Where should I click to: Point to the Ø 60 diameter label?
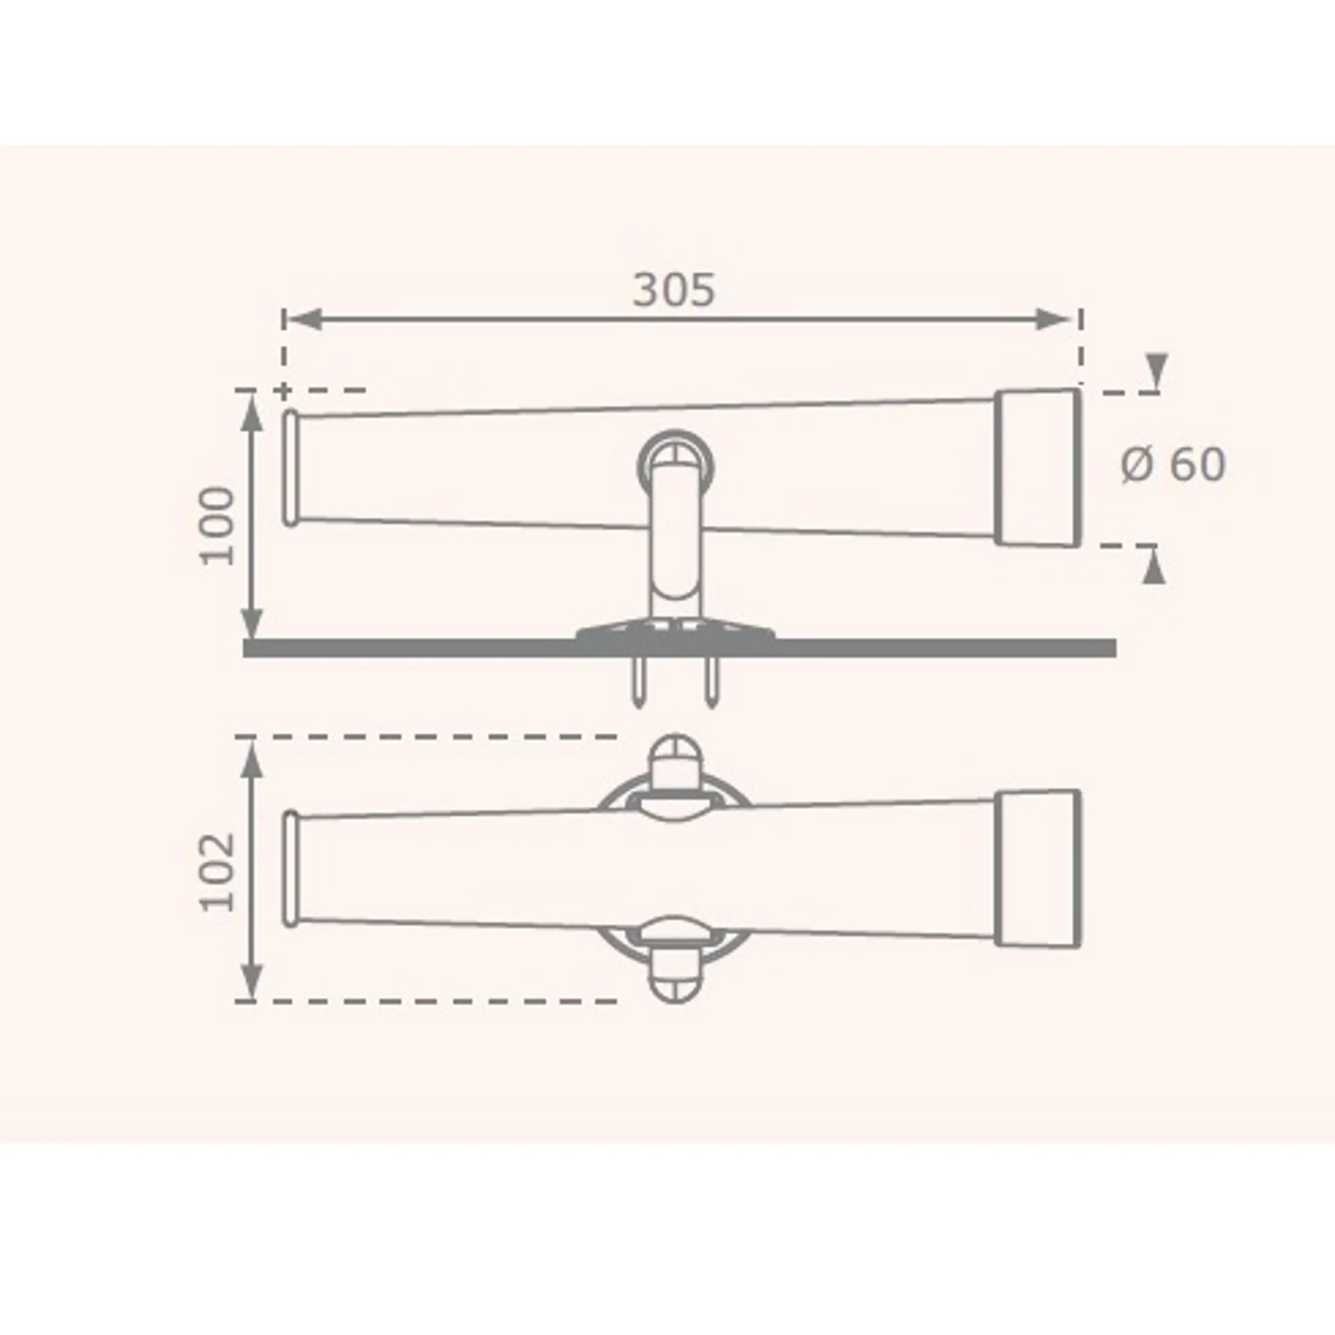tap(1173, 464)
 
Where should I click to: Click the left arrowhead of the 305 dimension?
tap(304, 319)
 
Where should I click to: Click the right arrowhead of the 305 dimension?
tap(1055, 319)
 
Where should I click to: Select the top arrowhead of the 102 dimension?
tap(254, 760)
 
